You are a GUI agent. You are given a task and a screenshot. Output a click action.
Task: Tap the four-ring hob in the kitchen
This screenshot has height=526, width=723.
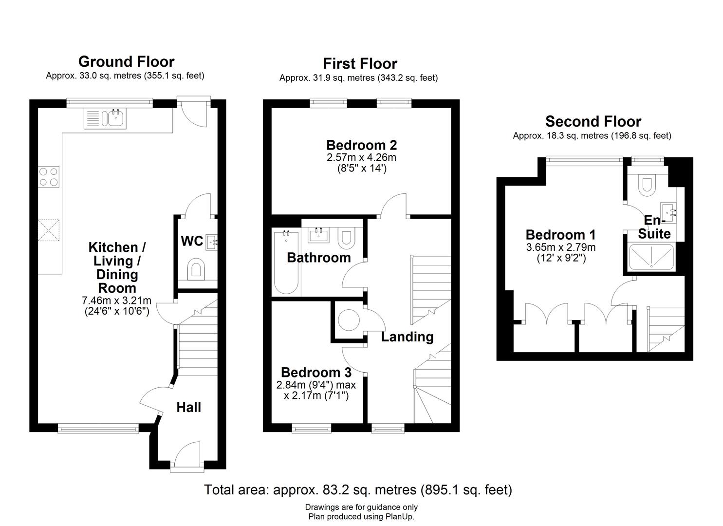pyautogui.click(x=49, y=177)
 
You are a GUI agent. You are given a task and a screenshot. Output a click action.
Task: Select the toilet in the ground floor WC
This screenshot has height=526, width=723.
pyautogui.click(x=196, y=270)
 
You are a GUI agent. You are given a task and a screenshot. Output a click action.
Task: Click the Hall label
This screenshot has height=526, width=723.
pyautogui.click(x=188, y=407)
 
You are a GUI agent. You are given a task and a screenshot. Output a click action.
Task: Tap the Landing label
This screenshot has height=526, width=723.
pyautogui.click(x=407, y=337)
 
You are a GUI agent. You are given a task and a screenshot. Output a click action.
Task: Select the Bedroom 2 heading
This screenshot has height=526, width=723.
pyautogui.click(x=361, y=145)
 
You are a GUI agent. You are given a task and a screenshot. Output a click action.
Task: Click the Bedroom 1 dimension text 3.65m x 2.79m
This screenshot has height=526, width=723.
pyautogui.click(x=560, y=247)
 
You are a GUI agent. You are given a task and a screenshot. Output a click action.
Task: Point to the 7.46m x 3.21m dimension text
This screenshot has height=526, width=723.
pyautogui.click(x=116, y=301)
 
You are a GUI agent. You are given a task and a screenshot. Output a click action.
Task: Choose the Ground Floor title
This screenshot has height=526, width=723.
pyautogui.click(x=126, y=62)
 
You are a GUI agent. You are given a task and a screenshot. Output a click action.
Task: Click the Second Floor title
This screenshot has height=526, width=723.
pyautogui.click(x=593, y=121)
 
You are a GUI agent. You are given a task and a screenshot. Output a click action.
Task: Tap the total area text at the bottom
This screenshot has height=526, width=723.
pyautogui.click(x=358, y=489)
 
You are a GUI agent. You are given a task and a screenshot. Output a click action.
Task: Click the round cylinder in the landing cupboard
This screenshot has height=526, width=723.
pyautogui.click(x=349, y=321)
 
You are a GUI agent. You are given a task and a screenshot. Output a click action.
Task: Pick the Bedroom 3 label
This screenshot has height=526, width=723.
pyautogui.click(x=316, y=373)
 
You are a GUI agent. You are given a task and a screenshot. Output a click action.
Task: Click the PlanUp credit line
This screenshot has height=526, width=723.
pyautogui.click(x=361, y=517)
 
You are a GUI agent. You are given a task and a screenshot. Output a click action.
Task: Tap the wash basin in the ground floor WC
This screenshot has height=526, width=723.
pyautogui.click(x=212, y=241)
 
